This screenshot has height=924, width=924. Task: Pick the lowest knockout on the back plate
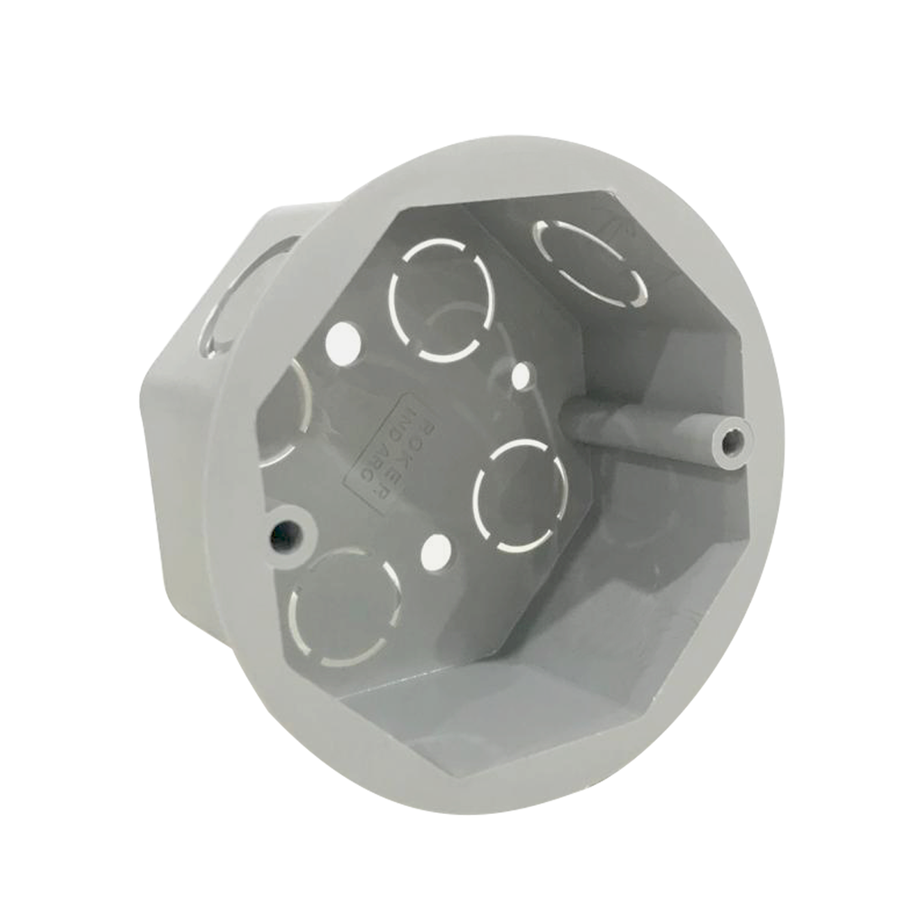[345, 609]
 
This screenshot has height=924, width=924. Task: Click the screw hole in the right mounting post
[735, 441]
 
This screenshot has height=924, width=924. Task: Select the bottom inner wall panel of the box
[505, 713]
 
